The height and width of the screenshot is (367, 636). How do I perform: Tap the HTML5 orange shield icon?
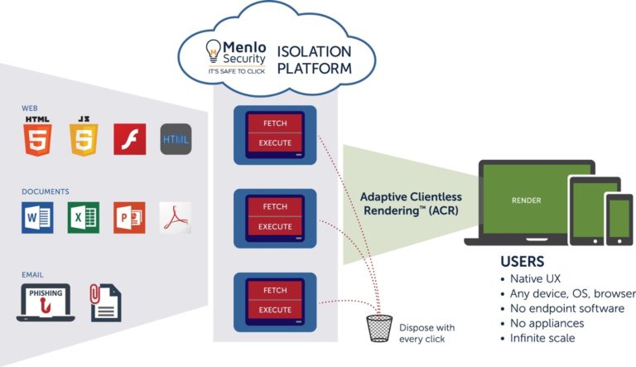pyautogui.click(x=37, y=138)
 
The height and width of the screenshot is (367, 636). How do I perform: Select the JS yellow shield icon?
pyautogui.click(x=83, y=138)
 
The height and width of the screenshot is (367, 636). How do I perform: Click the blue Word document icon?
pyautogui.click(x=37, y=217)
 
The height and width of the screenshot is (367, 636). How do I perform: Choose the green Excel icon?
pyautogui.click(x=83, y=217)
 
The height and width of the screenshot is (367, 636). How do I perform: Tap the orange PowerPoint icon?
pyautogui.click(x=129, y=217)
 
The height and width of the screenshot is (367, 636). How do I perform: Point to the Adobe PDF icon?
pyautogui.click(x=175, y=217)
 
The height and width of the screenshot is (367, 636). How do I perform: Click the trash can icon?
pyautogui.click(x=379, y=327)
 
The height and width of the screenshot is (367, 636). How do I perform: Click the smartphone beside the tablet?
pyautogui.click(x=619, y=219)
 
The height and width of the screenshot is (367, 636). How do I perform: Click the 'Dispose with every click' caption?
pyautogui.click(x=426, y=333)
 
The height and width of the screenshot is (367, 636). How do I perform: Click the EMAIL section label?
pyautogui.click(x=32, y=274)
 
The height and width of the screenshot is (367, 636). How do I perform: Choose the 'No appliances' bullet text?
pyautogui.click(x=547, y=323)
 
